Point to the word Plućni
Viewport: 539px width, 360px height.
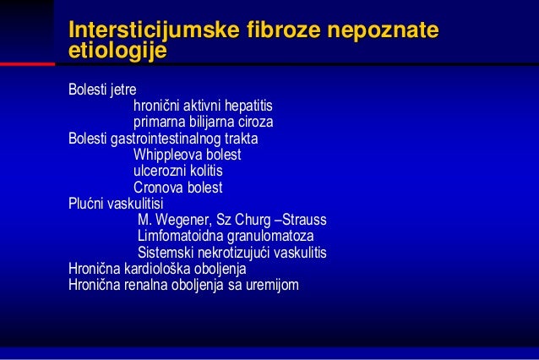(87, 204)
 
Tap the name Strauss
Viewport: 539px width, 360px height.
(305, 221)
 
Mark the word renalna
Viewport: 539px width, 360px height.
(150, 285)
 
